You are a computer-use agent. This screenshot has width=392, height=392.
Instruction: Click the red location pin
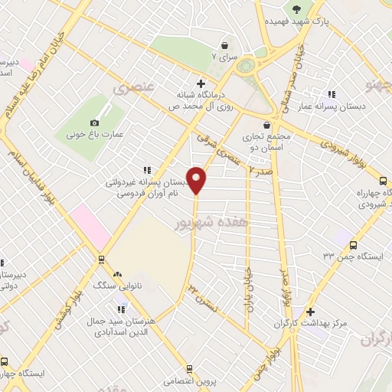197,180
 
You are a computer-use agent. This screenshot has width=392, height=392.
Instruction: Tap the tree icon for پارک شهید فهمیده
296,10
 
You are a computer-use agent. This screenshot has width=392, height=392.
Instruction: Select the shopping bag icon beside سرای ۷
224,45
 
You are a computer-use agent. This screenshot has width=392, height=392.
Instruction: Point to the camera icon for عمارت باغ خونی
95,122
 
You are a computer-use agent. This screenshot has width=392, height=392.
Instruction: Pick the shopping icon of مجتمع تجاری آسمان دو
266,126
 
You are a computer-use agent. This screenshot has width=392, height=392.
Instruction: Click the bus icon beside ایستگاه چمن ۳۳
352,245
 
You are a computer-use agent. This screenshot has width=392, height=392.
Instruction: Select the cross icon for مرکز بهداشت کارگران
309,312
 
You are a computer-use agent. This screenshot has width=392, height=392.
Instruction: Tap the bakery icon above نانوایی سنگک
117,273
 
